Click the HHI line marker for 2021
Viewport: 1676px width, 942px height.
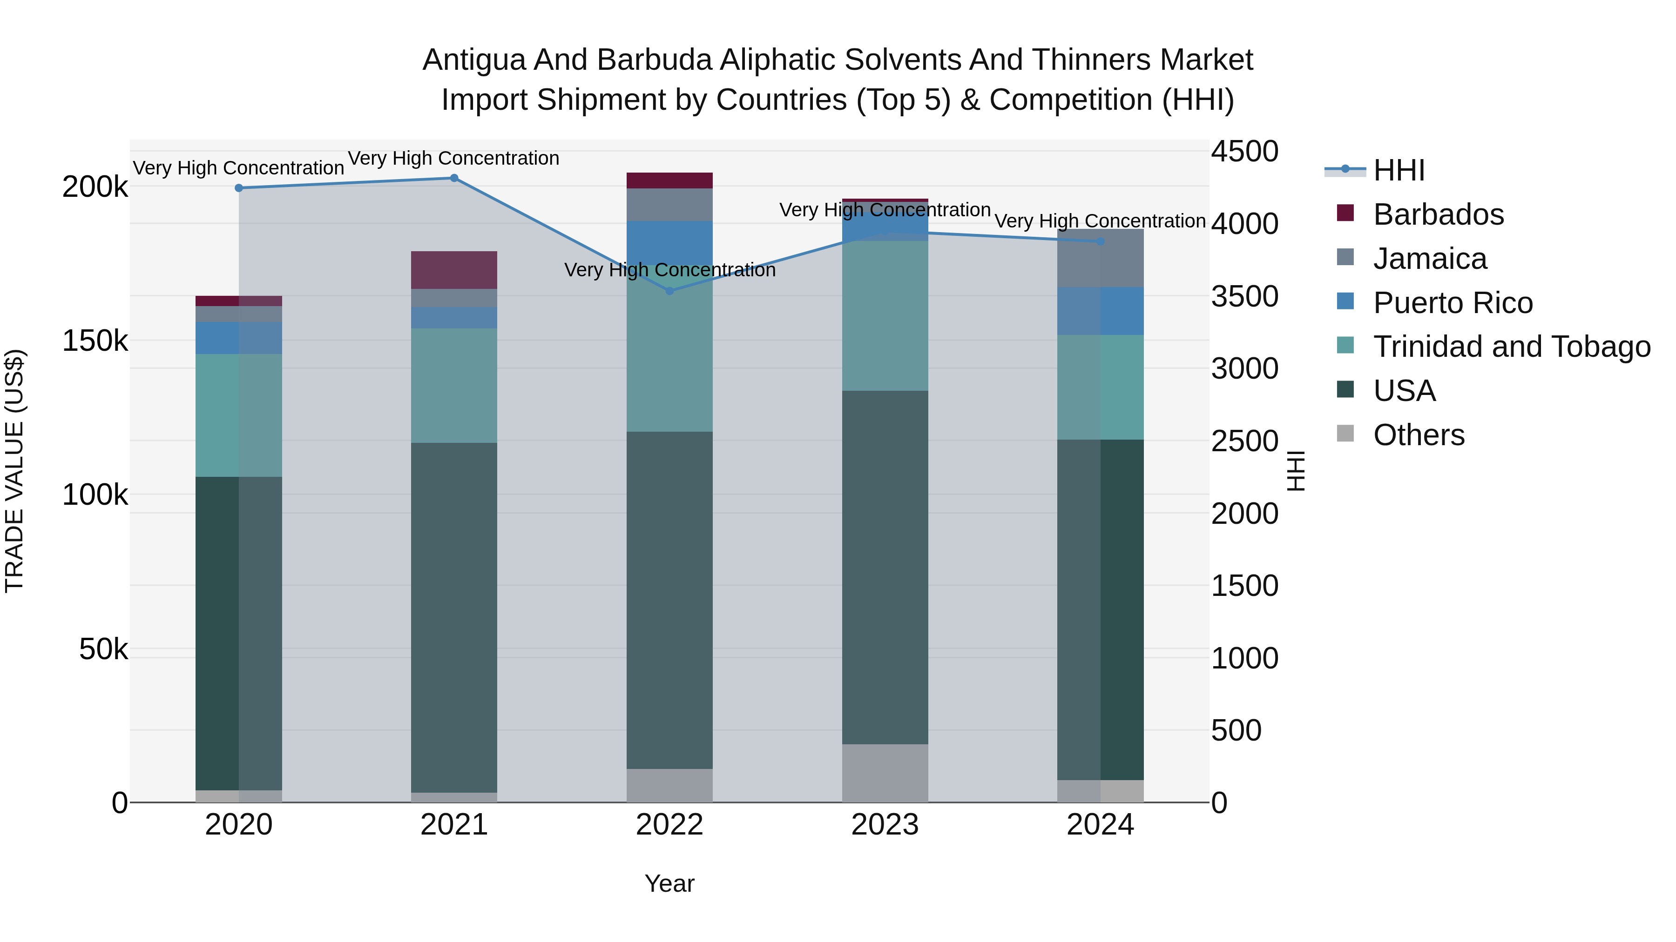(x=454, y=178)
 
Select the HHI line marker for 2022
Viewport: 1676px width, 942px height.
(x=669, y=291)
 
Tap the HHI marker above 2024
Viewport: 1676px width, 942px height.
(x=1100, y=241)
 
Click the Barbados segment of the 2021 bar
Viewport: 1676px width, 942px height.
(x=454, y=270)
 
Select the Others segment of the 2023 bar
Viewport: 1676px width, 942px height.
(x=885, y=773)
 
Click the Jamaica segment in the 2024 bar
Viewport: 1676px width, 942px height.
(x=1100, y=258)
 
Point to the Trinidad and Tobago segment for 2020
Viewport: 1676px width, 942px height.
(x=239, y=415)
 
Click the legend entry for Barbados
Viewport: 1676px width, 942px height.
(x=1438, y=214)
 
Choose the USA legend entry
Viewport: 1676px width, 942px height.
(x=1404, y=391)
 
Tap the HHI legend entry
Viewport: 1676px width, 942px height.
(x=1399, y=170)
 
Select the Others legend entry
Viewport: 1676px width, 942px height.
(x=1419, y=435)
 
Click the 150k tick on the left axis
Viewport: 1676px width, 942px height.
(x=95, y=341)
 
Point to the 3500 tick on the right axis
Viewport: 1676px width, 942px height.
(x=1244, y=296)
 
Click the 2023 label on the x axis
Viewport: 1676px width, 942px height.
(x=885, y=825)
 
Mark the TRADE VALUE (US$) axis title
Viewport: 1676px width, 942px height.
(x=14, y=471)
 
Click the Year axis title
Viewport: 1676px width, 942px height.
(x=669, y=883)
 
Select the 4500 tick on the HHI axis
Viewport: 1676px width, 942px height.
(x=1244, y=152)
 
